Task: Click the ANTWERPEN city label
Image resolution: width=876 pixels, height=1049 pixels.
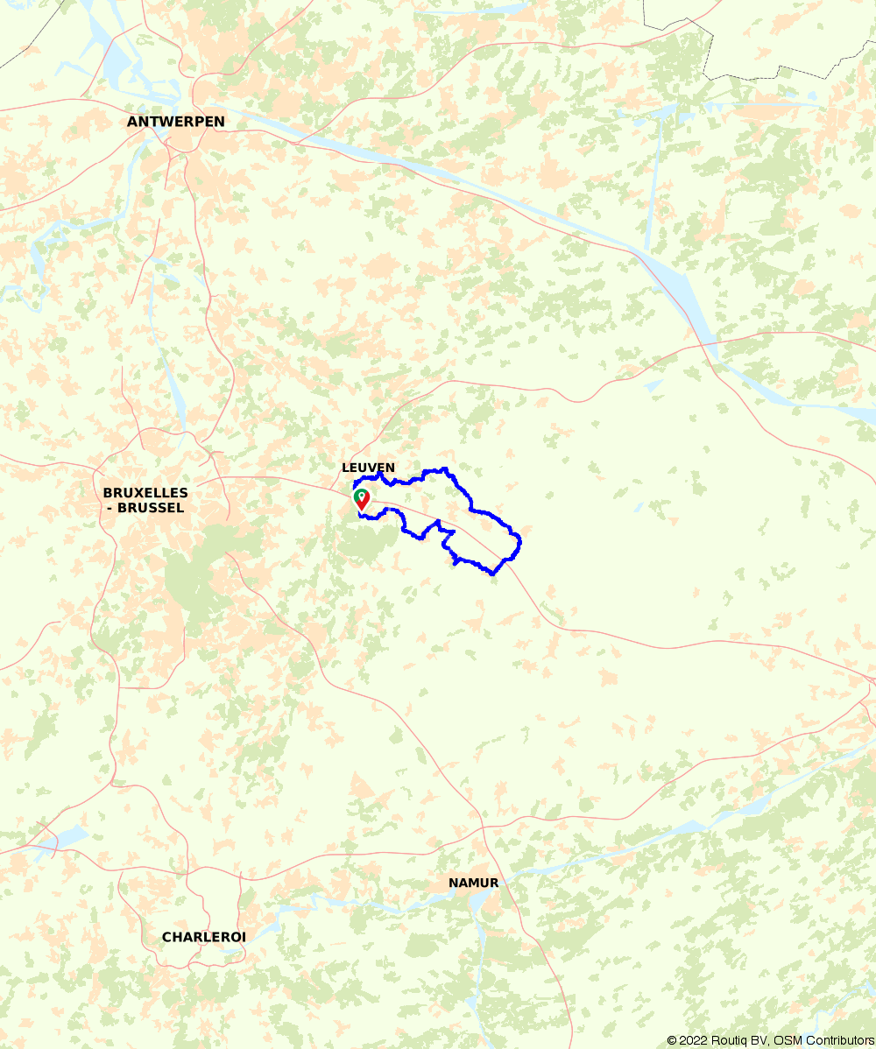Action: point(175,122)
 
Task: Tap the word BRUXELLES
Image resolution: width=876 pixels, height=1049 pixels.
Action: point(145,493)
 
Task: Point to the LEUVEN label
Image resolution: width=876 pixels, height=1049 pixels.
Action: point(368,468)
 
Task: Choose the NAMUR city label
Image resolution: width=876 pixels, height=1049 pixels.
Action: point(473,883)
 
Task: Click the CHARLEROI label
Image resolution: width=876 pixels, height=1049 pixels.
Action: point(203,937)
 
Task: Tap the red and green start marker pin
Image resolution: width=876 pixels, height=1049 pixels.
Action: point(361,499)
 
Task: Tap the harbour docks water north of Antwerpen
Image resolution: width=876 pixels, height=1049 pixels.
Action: point(114,57)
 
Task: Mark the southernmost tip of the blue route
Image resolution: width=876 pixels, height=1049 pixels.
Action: point(494,574)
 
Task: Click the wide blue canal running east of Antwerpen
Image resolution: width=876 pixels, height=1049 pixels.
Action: point(438,175)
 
